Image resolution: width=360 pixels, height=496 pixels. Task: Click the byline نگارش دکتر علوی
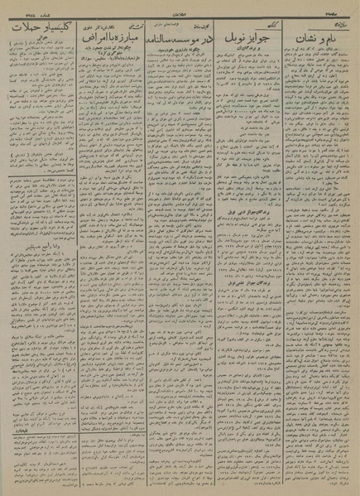pyautogui.click(x=105, y=26)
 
